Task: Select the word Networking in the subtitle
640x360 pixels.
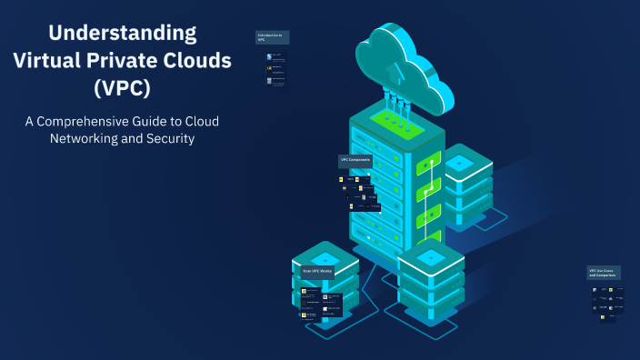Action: pyautogui.click(x=85, y=139)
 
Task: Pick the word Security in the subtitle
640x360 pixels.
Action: pyautogui.click(x=171, y=139)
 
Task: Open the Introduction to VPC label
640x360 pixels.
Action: pyautogui.click(x=271, y=37)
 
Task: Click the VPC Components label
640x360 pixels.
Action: pyautogui.click(x=355, y=160)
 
